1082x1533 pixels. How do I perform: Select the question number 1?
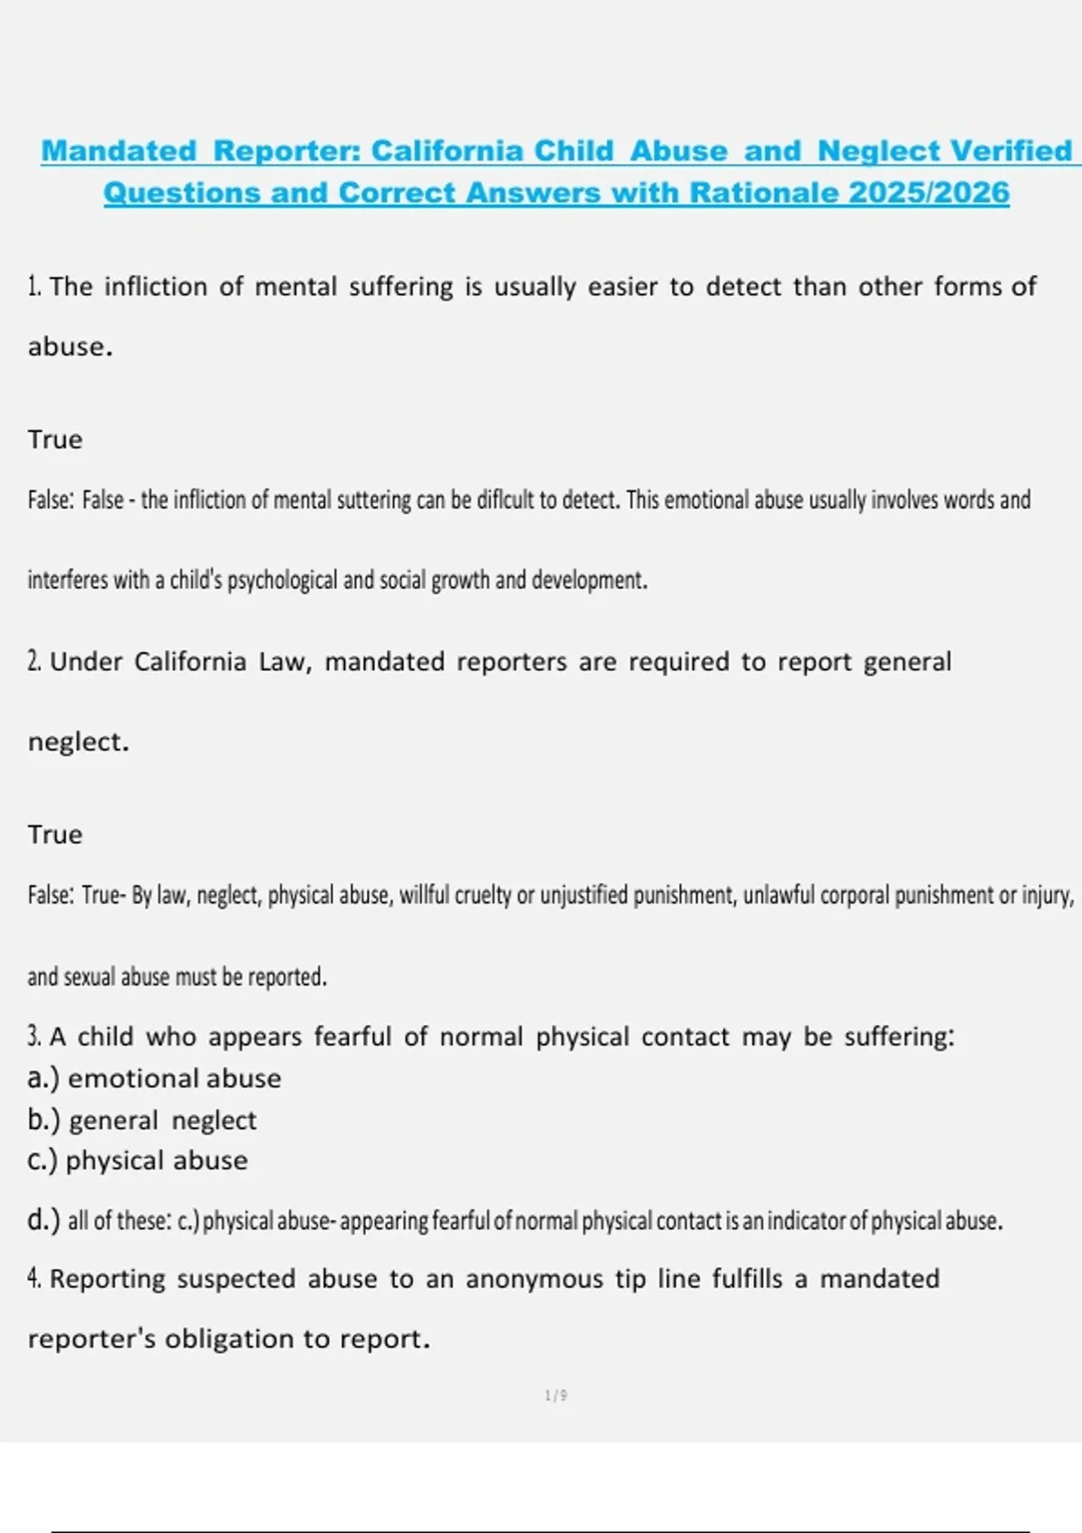click(34, 287)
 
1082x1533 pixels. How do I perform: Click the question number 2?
click(34, 662)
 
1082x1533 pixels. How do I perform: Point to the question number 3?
click(34, 1037)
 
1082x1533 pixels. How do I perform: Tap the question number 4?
click(34, 1279)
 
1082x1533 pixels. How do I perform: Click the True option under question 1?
click(55, 439)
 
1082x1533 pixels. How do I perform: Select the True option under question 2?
click(55, 834)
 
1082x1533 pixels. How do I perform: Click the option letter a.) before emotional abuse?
click(43, 1079)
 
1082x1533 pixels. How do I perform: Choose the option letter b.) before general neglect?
click(43, 1120)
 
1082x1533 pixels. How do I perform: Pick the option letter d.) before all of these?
click(43, 1221)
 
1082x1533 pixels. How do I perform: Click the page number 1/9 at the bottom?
click(555, 1396)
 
